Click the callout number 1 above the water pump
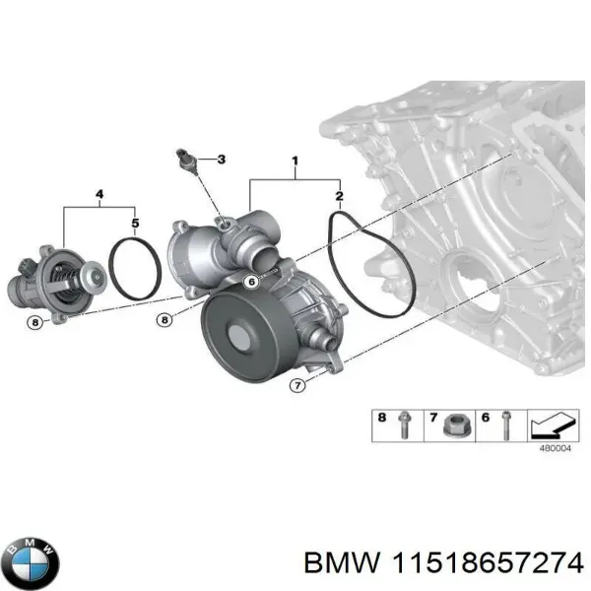[x=294, y=160]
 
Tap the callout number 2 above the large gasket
[x=339, y=196]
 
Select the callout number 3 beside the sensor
[x=221, y=160]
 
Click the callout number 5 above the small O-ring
[x=135, y=223]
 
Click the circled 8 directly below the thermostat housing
[x=35, y=321]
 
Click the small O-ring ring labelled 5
[x=134, y=268]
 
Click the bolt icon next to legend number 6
[x=504, y=425]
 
